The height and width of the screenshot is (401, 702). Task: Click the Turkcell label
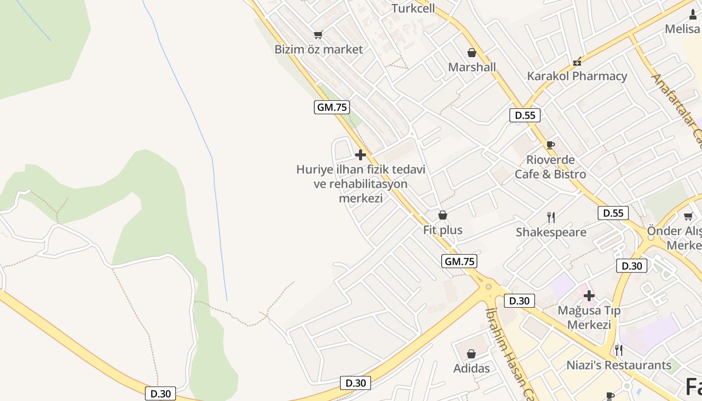(x=413, y=9)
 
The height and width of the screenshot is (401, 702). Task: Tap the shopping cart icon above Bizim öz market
(x=318, y=35)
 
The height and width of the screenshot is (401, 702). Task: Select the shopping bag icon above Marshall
(x=472, y=53)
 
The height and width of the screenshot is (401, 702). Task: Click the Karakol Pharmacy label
(x=577, y=76)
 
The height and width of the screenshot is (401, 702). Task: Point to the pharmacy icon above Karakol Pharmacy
(x=577, y=62)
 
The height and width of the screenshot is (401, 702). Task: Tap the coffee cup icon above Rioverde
(x=550, y=145)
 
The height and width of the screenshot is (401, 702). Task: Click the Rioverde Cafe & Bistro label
(x=550, y=167)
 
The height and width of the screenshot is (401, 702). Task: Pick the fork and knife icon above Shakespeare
(x=551, y=217)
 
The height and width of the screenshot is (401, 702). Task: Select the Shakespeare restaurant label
(x=551, y=232)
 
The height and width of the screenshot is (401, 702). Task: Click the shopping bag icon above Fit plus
(x=443, y=216)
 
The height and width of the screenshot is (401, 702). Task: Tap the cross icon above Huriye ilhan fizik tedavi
(x=360, y=155)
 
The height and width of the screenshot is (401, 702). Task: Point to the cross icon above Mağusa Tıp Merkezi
(x=589, y=296)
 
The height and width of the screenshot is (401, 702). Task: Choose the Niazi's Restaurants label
(x=619, y=365)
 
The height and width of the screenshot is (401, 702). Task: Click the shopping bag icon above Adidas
(x=471, y=354)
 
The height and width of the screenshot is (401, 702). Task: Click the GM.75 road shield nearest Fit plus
(x=459, y=261)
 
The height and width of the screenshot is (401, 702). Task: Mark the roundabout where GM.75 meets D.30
(x=488, y=287)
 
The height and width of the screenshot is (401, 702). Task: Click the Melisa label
(x=682, y=29)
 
